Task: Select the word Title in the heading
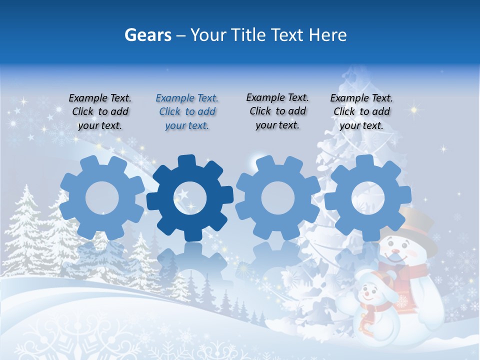[249, 35]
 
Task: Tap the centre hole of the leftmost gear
[102, 198]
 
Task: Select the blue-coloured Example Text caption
[187, 112]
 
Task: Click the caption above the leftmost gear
[100, 112]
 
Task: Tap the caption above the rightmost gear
[361, 112]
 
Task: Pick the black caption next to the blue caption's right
[277, 111]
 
